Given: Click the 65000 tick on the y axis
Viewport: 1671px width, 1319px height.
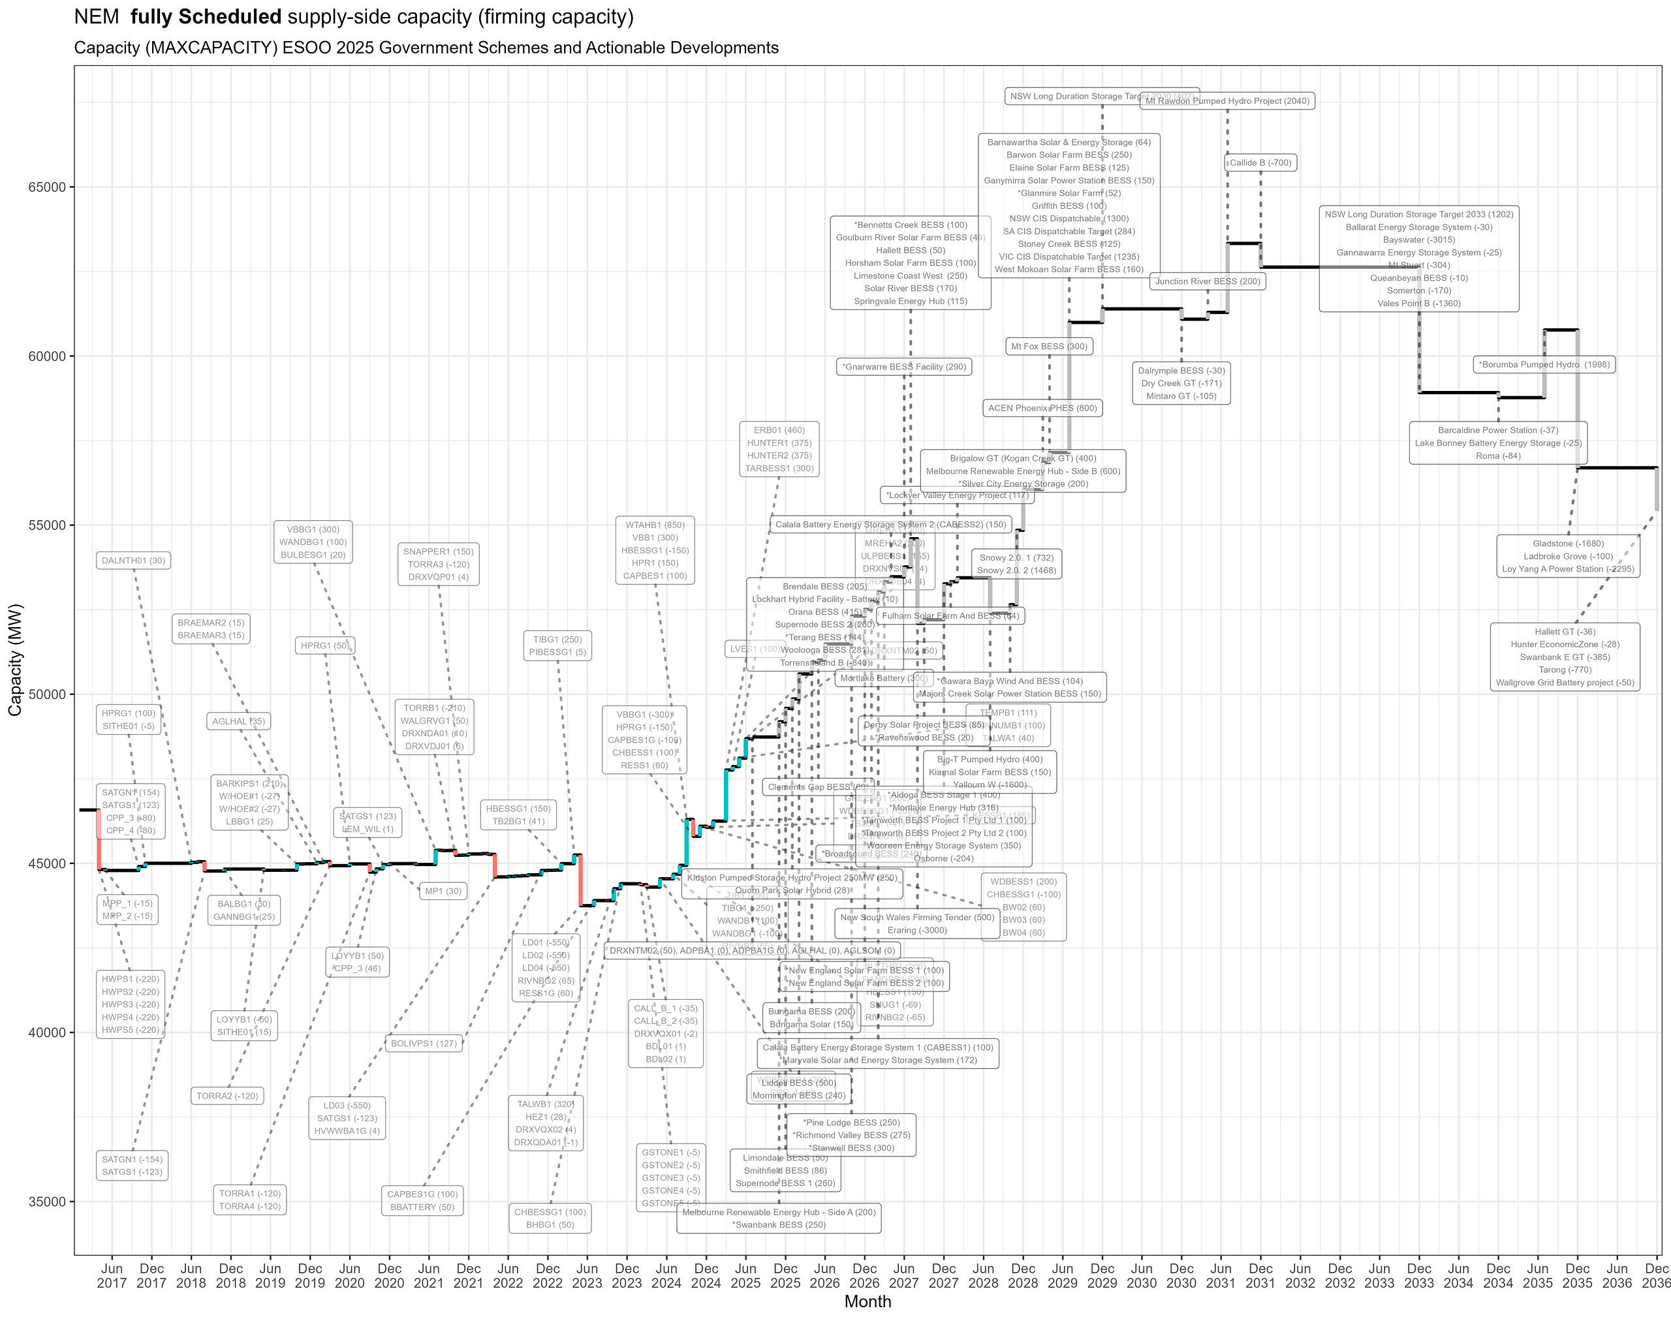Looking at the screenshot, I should point(46,187).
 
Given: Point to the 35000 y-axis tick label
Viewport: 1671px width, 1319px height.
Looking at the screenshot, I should point(46,1202).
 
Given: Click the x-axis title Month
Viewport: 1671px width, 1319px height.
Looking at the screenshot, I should point(867,1302).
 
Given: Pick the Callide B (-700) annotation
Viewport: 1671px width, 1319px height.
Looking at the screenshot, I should point(1259,163).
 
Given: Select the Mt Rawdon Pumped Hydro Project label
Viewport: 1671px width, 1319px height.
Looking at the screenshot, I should point(1227,101).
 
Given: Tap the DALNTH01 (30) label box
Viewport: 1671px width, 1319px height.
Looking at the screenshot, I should point(134,561).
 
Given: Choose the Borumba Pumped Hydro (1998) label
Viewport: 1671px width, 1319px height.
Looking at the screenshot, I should point(1544,364).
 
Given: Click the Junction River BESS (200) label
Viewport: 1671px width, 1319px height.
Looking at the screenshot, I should point(1207,282).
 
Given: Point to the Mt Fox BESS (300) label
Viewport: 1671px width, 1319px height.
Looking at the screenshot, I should point(1049,347).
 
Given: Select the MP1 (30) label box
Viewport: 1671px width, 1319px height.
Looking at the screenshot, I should point(443,891).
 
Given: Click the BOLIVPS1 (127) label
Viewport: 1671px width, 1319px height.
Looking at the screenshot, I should point(424,1044).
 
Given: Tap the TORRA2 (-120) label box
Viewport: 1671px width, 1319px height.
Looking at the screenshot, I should point(227,1096).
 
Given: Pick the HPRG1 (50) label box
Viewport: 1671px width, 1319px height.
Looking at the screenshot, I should point(324,645).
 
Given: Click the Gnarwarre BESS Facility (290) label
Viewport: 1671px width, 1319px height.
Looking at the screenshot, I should point(903,367).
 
